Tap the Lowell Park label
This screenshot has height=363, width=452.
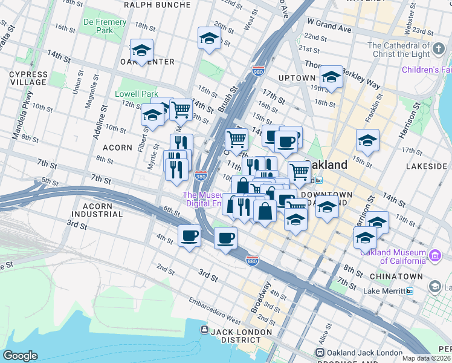click(137, 94)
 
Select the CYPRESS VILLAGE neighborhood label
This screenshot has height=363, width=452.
click(28, 78)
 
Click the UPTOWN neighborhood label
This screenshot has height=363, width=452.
click(297, 78)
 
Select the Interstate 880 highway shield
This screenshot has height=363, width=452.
click(253, 260)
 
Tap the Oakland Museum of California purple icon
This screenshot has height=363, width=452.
click(434, 257)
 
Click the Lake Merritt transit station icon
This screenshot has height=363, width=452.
click(410, 291)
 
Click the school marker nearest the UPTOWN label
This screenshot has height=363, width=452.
click(331, 76)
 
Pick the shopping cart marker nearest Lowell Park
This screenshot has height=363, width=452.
click(181, 110)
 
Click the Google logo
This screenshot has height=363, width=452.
click(21, 356)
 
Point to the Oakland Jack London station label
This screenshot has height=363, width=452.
click(364, 353)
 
